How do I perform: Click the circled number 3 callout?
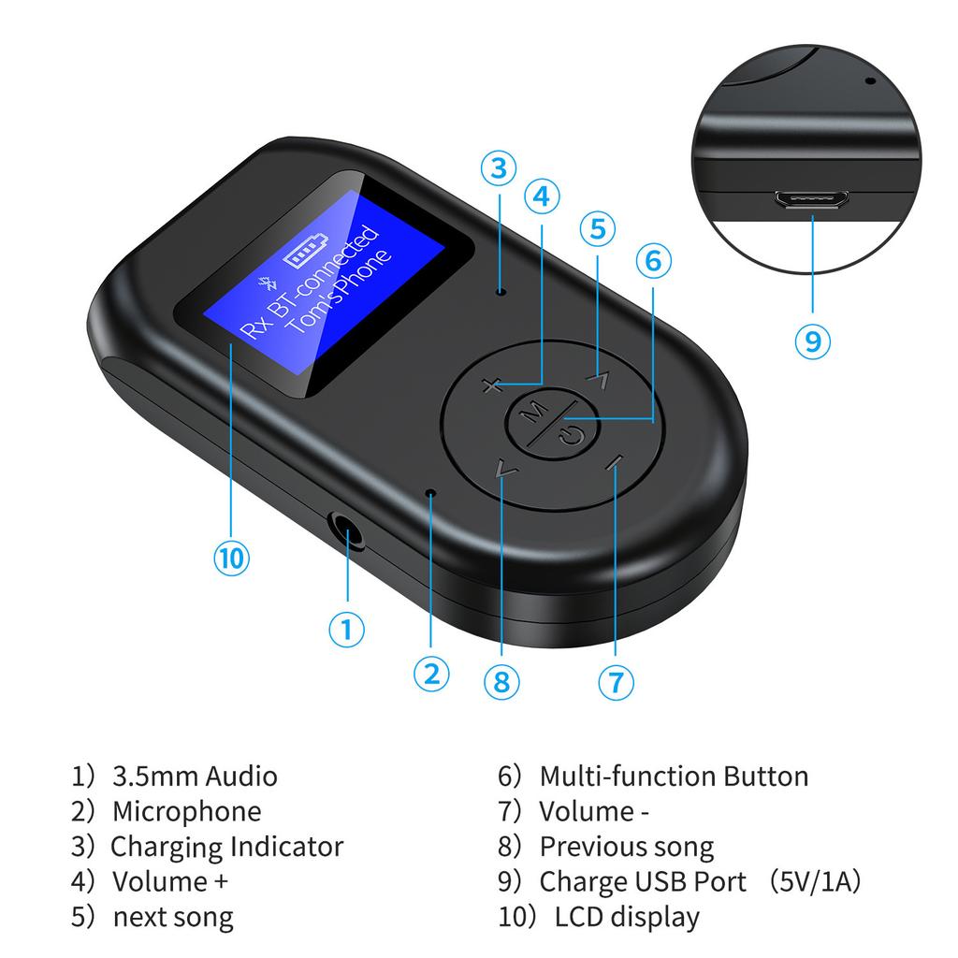[500, 168]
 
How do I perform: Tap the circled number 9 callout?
[812, 341]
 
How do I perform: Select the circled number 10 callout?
[231, 559]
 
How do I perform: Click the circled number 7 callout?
[615, 682]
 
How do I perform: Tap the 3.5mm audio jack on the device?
[349, 538]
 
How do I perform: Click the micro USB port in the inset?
[812, 199]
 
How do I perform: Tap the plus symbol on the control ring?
[493, 385]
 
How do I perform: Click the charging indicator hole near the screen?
[501, 291]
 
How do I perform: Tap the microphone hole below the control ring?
[430, 492]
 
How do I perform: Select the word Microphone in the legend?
[186, 811]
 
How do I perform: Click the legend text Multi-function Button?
[674, 776]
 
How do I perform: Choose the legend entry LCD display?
[627, 917]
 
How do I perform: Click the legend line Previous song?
[626, 847]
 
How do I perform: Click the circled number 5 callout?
[599, 228]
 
